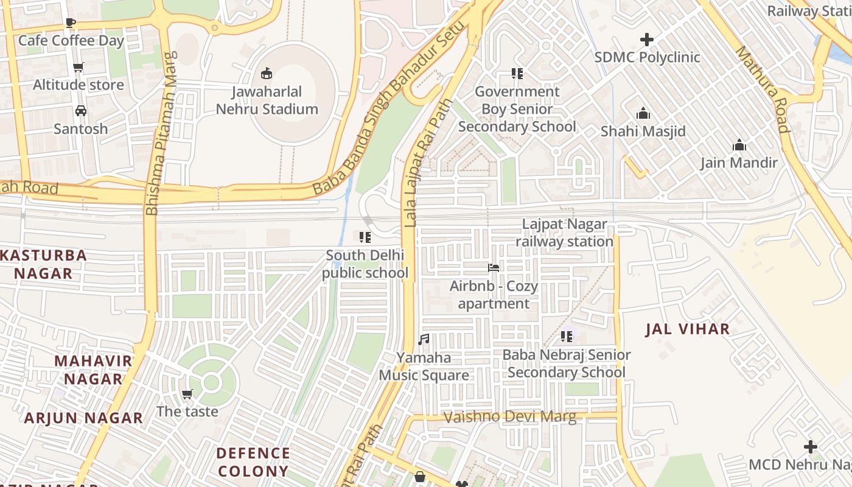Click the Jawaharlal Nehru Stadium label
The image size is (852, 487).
[267, 100]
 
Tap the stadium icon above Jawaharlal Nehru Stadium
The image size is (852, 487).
[266, 74]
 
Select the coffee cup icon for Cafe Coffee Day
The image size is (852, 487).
[71, 23]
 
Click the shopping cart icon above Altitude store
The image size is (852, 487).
[78, 67]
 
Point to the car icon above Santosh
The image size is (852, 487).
[80, 111]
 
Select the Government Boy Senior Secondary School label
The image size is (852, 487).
[517, 109]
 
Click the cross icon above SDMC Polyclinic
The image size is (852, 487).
[647, 40]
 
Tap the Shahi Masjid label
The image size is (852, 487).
[643, 131]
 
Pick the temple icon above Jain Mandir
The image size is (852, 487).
[739, 145]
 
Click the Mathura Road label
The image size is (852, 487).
[763, 89]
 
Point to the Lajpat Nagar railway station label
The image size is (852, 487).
[565, 233]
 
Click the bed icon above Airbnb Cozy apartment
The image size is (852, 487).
[494, 267]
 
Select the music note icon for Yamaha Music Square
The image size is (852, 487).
[424, 339]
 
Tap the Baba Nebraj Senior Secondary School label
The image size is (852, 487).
[566, 363]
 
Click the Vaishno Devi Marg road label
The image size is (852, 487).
[510, 417]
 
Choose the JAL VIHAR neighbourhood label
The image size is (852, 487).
[687, 329]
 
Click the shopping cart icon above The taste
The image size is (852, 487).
[187, 394]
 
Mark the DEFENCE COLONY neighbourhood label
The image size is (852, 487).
[253, 462]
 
